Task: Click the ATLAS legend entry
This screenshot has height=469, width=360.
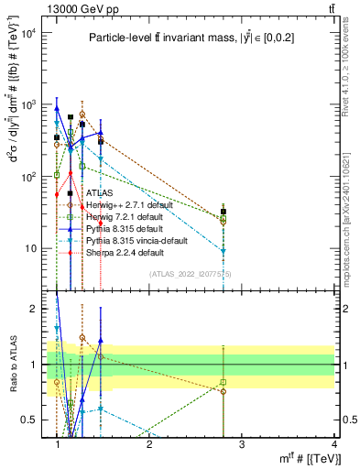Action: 99,194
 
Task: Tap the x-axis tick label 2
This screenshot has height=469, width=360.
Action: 149,444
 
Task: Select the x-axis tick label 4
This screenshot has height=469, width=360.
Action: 333,444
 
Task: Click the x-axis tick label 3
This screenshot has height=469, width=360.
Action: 241,444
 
